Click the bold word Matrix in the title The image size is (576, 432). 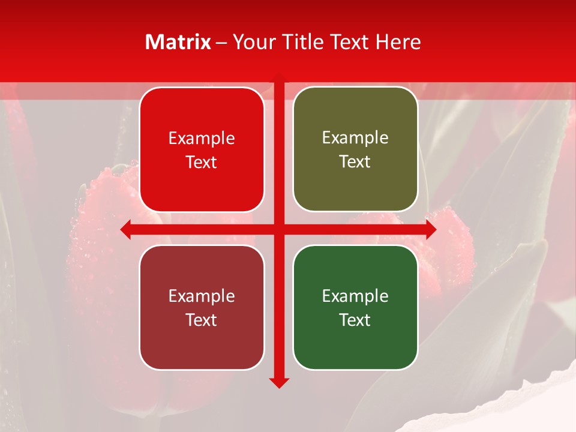[x=178, y=42]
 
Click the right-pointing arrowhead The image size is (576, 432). [x=430, y=229]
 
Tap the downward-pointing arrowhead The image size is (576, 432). [x=279, y=382]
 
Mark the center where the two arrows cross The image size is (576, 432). [x=279, y=229]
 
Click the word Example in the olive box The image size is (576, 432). [x=355, y=138]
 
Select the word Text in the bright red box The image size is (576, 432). [x=202, y=162]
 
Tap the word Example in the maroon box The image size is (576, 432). [x=202, y=296]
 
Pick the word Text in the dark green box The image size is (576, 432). [x=355, y=320]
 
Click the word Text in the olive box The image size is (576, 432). [x=355, y=162]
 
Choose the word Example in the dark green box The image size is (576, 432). [x=355, y=296]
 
